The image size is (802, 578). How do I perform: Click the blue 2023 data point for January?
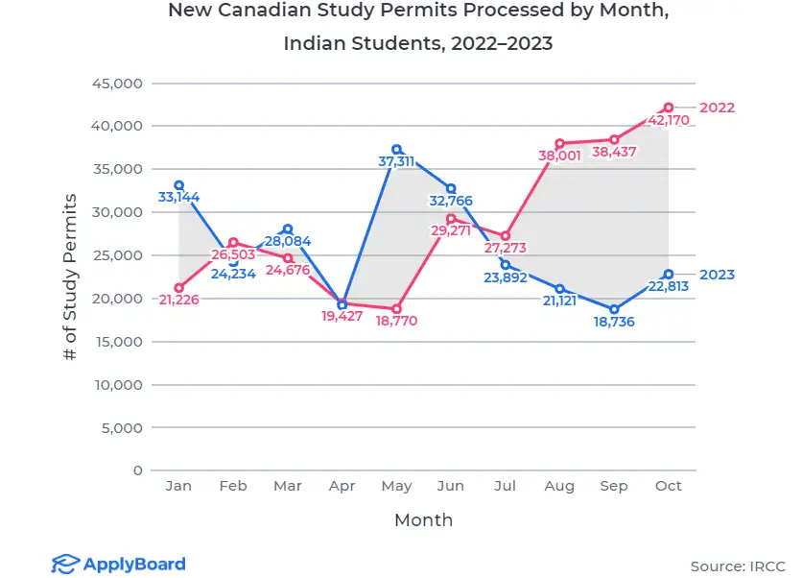[178, 184]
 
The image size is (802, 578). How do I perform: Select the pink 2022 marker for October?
[669, 108]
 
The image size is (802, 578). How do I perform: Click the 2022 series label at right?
[717, 108]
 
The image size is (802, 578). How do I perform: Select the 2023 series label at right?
[717, 275]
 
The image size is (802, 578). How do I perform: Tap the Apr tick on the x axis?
[342, 486]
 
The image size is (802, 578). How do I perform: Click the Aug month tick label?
[560, 486]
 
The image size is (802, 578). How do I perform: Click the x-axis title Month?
[423, 520]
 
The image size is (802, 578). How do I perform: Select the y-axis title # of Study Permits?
[70, 277]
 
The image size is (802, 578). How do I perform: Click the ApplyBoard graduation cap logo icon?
[63, 564]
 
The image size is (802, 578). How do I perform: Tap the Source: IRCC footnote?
[737, 566]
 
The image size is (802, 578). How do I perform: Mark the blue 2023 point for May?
[396, 149]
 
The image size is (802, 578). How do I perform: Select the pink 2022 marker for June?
[451, 218]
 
